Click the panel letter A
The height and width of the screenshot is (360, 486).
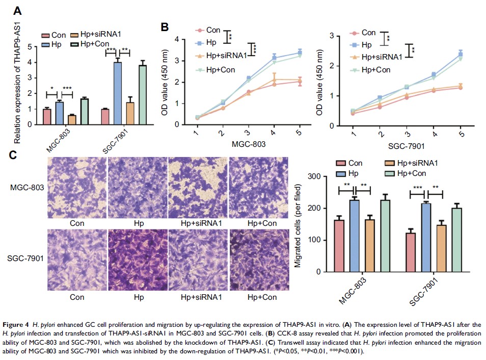coord(17,11)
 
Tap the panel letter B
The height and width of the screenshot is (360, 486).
coord(164,27)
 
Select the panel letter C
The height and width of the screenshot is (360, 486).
coord(17,153)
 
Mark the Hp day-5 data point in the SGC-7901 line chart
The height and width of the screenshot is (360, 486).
coord(461,54)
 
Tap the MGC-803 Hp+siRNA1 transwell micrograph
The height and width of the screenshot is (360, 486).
coord(198,187)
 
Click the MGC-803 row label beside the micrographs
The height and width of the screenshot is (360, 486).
coord(26,188)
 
